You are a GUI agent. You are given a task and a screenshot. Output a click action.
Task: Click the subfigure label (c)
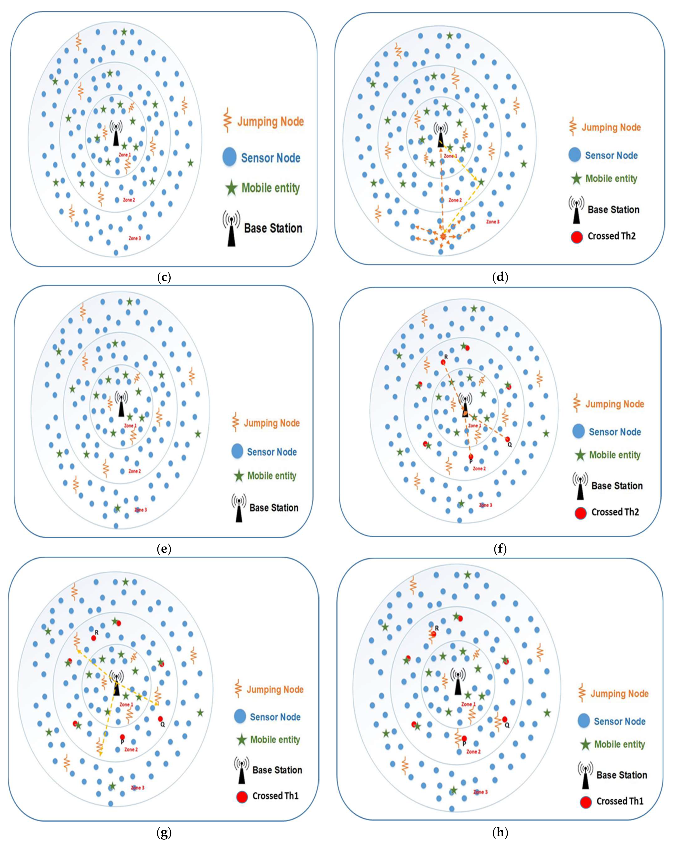coord(164,277)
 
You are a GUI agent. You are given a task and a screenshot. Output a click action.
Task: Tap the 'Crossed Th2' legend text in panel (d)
coord(612,236)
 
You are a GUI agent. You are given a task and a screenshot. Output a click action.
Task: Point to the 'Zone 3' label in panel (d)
coord(493,222)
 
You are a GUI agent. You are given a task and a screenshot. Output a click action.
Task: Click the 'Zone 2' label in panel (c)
coord(129,200)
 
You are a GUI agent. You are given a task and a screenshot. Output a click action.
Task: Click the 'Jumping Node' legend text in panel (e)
coord(272,423)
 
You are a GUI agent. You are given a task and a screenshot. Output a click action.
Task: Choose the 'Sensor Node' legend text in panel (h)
coord(619,721)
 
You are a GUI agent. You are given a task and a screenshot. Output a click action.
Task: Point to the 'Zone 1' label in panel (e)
coord(131,426)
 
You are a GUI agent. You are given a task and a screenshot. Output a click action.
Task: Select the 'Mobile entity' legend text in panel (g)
coord(275,740)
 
